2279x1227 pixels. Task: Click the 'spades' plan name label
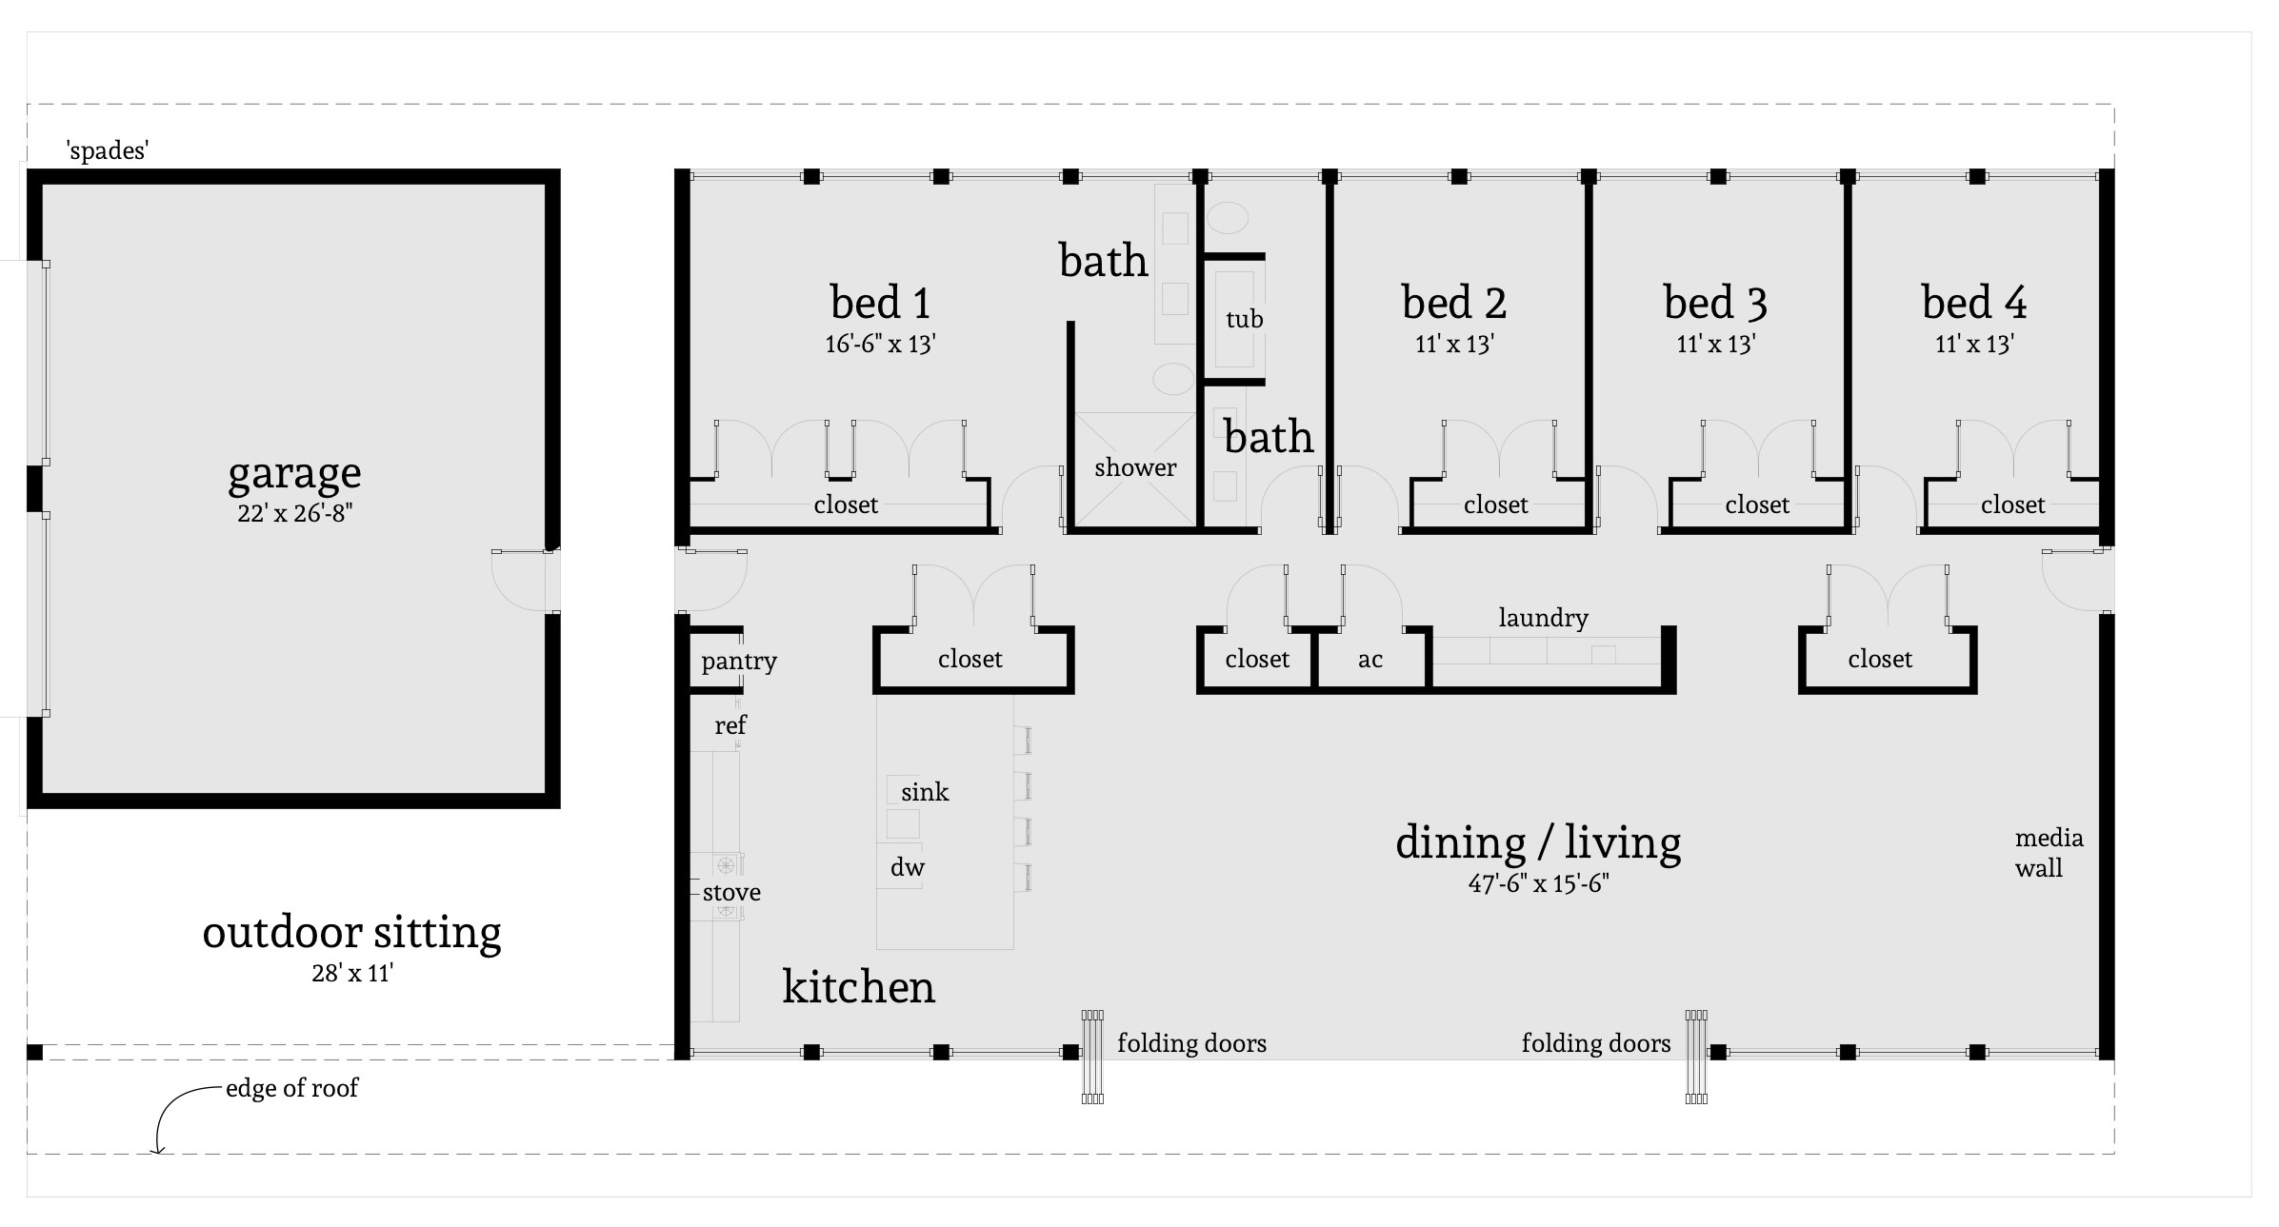107,150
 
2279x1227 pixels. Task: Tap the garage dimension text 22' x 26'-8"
295,513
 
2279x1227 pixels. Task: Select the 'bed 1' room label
880,303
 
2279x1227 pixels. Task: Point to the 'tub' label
1244,319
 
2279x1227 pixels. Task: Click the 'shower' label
1135,467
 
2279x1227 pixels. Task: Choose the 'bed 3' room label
1715,303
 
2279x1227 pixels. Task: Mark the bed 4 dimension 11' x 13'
1973,344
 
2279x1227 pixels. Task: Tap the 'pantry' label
739,661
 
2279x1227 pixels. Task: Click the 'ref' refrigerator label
730,725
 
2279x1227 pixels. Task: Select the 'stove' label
731,893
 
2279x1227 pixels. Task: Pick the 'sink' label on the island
925,792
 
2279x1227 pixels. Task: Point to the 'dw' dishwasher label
907,867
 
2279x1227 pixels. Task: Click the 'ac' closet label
1369,660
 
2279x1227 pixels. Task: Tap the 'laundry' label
1543,618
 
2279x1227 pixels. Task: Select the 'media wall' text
2048,853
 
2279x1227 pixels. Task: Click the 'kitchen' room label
858,986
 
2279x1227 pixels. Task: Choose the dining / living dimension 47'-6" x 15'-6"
1538,883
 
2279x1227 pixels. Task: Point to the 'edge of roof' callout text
291,1088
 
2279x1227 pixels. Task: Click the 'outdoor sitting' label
351,932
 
